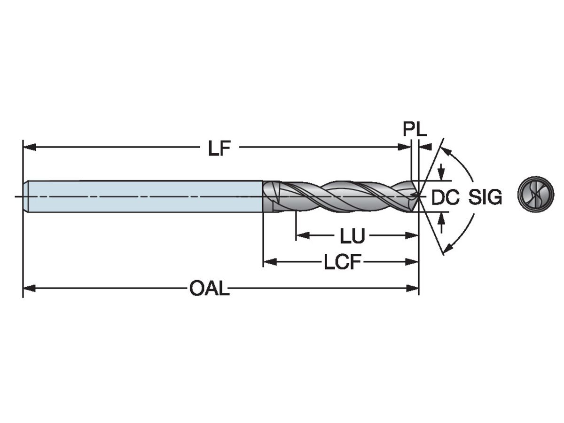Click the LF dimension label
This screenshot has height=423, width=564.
pos(220,148)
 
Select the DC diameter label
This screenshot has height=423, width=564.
pos(445,197)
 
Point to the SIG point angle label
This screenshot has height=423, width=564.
pos(485,197)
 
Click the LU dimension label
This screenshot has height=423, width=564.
pos(352,236)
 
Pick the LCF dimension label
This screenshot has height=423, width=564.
pos(342,262)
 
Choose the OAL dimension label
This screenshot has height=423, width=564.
pos(210,288)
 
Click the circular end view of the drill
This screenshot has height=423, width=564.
pos(535,194)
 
